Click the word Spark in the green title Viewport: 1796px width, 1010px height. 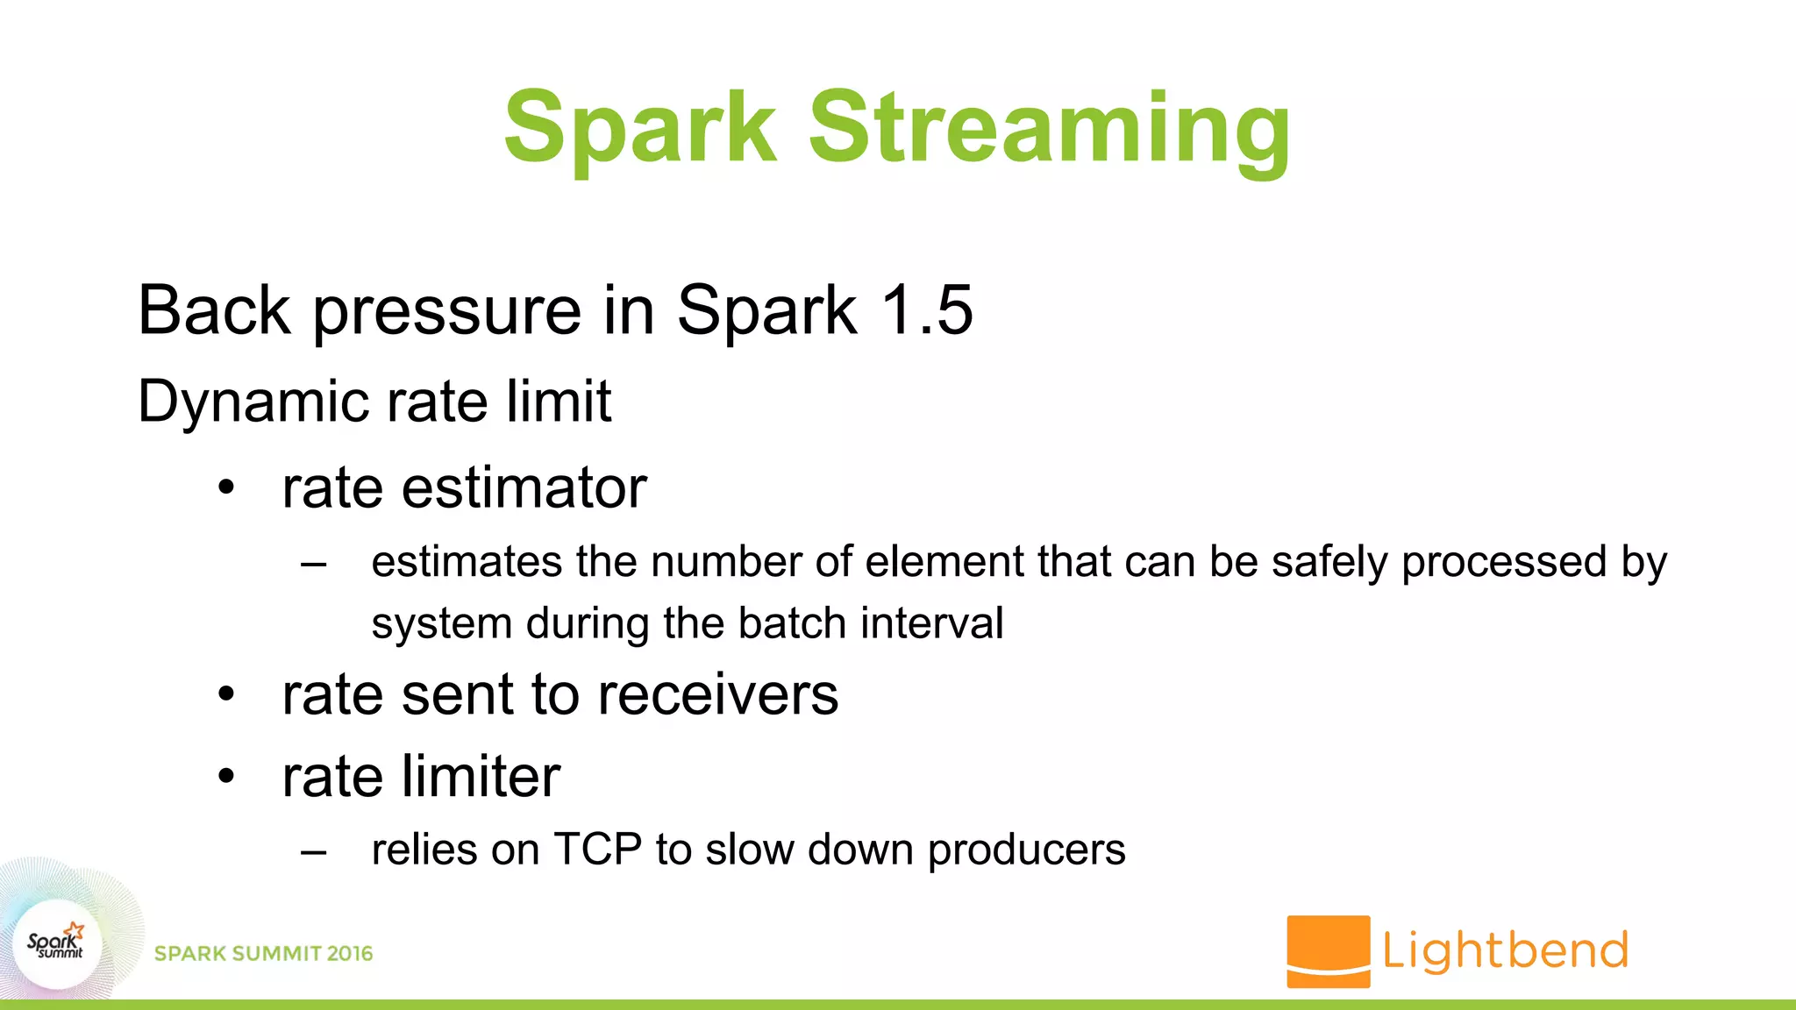(640, 128)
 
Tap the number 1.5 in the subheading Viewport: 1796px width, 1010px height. (927, 310)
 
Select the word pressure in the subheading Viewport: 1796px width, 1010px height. (447, 312)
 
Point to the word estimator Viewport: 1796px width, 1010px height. (524, 488)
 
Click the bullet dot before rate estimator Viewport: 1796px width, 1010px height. (227, 487)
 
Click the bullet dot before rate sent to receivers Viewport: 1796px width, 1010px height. (227, 694)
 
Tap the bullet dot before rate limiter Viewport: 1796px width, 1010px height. (227, 776)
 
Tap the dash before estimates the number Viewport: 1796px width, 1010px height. (313, 565)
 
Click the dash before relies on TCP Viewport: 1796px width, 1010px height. (313, 851)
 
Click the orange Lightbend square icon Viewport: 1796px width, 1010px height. (1328, 951)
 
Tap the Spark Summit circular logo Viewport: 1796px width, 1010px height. (57, 945)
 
